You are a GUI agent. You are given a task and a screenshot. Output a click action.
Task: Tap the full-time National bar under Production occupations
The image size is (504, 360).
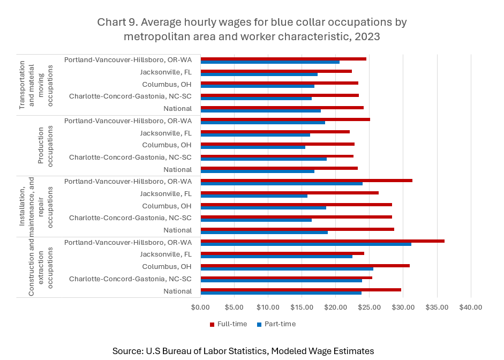(x=279, y=168)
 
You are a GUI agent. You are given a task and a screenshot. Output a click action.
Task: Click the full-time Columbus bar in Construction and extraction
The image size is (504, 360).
(x=305, y=266)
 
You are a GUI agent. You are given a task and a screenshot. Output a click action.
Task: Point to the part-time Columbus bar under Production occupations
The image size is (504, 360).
(x=252, y=147)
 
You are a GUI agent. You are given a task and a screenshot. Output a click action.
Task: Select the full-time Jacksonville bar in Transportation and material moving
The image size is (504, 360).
(x=276, y=71)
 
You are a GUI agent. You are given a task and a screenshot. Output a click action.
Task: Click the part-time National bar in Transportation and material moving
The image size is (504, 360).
(x=260, y=110)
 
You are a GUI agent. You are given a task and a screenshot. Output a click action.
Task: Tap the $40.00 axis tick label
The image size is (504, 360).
(x=470, y=307)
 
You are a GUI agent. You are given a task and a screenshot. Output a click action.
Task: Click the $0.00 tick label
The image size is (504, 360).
(x=200, y=307)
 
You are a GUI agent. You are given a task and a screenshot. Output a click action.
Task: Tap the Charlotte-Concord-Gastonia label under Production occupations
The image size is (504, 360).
(x=130, y=157)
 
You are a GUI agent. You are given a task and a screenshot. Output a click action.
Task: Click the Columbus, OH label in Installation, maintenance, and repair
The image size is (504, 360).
(x=167, y=206)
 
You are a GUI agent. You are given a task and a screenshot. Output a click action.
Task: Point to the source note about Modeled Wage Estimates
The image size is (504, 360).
(x=243, y=351)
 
